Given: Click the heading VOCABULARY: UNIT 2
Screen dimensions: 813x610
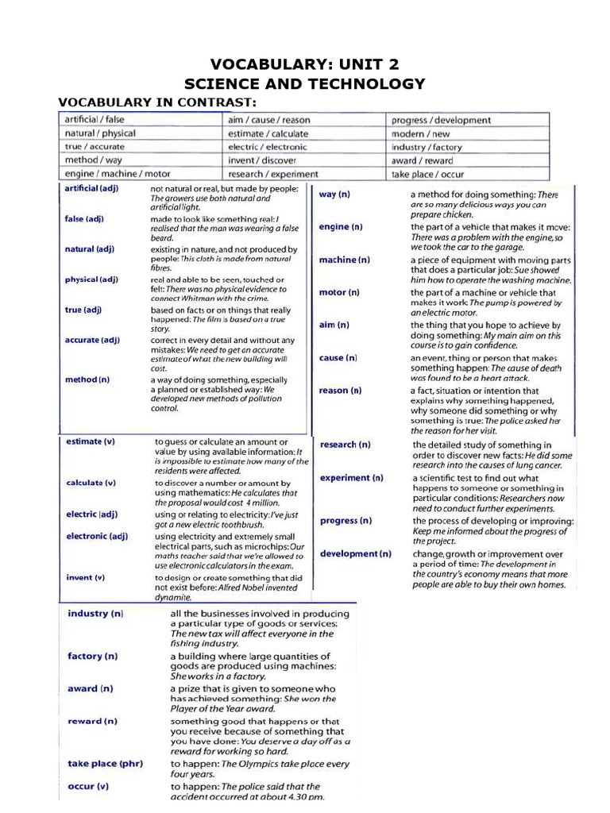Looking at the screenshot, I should [x=304, y=64].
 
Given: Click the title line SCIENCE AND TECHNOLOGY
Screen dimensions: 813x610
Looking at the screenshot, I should [x=304, y=84].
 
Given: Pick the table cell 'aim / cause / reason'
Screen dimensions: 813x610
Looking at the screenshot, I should [x=269, y=120].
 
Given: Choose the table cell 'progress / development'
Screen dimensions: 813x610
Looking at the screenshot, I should [x=441, y=121].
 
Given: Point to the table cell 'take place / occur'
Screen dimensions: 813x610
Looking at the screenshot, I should [x=427, y=174].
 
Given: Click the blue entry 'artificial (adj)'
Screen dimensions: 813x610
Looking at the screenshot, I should [x=93, y=188].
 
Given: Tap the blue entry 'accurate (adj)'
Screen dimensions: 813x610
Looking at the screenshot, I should [x=92, y=340].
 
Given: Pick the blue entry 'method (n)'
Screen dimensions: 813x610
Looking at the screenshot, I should [x=87, y=380].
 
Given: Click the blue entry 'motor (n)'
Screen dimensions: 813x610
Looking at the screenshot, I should [x=339, y=292].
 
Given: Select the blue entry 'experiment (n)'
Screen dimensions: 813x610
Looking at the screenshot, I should [x=351, y=478].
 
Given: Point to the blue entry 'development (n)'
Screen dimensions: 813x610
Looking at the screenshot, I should [x=355, y=553].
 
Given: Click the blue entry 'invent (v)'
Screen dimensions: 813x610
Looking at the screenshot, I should [x=86, y=577].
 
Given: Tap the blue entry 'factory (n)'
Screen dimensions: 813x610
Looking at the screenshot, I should [x=93, y=656].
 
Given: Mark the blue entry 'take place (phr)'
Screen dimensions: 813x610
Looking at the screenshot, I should [x=105, y=763].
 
